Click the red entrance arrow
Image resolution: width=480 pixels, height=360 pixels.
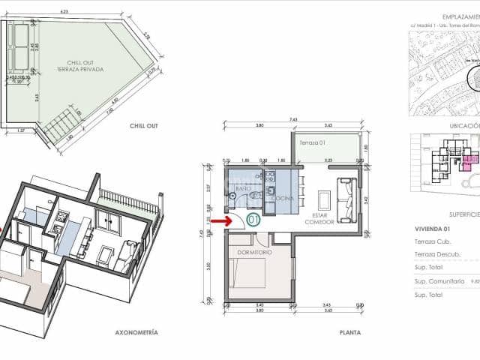pos(220,220)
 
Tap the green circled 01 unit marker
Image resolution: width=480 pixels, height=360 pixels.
pos(253,220)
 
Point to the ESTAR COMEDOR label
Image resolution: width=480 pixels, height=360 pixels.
pos(316,218)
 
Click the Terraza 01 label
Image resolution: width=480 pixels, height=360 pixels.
pos(313,142)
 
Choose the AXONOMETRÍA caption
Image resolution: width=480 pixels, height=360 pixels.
pos(136,331)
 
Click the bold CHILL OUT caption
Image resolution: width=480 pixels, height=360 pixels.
pos(142,127)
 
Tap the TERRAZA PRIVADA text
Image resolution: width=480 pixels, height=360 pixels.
pos(79,70)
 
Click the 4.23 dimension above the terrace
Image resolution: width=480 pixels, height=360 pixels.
pos(63,12)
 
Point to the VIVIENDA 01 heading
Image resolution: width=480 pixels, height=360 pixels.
pos(432,228)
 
